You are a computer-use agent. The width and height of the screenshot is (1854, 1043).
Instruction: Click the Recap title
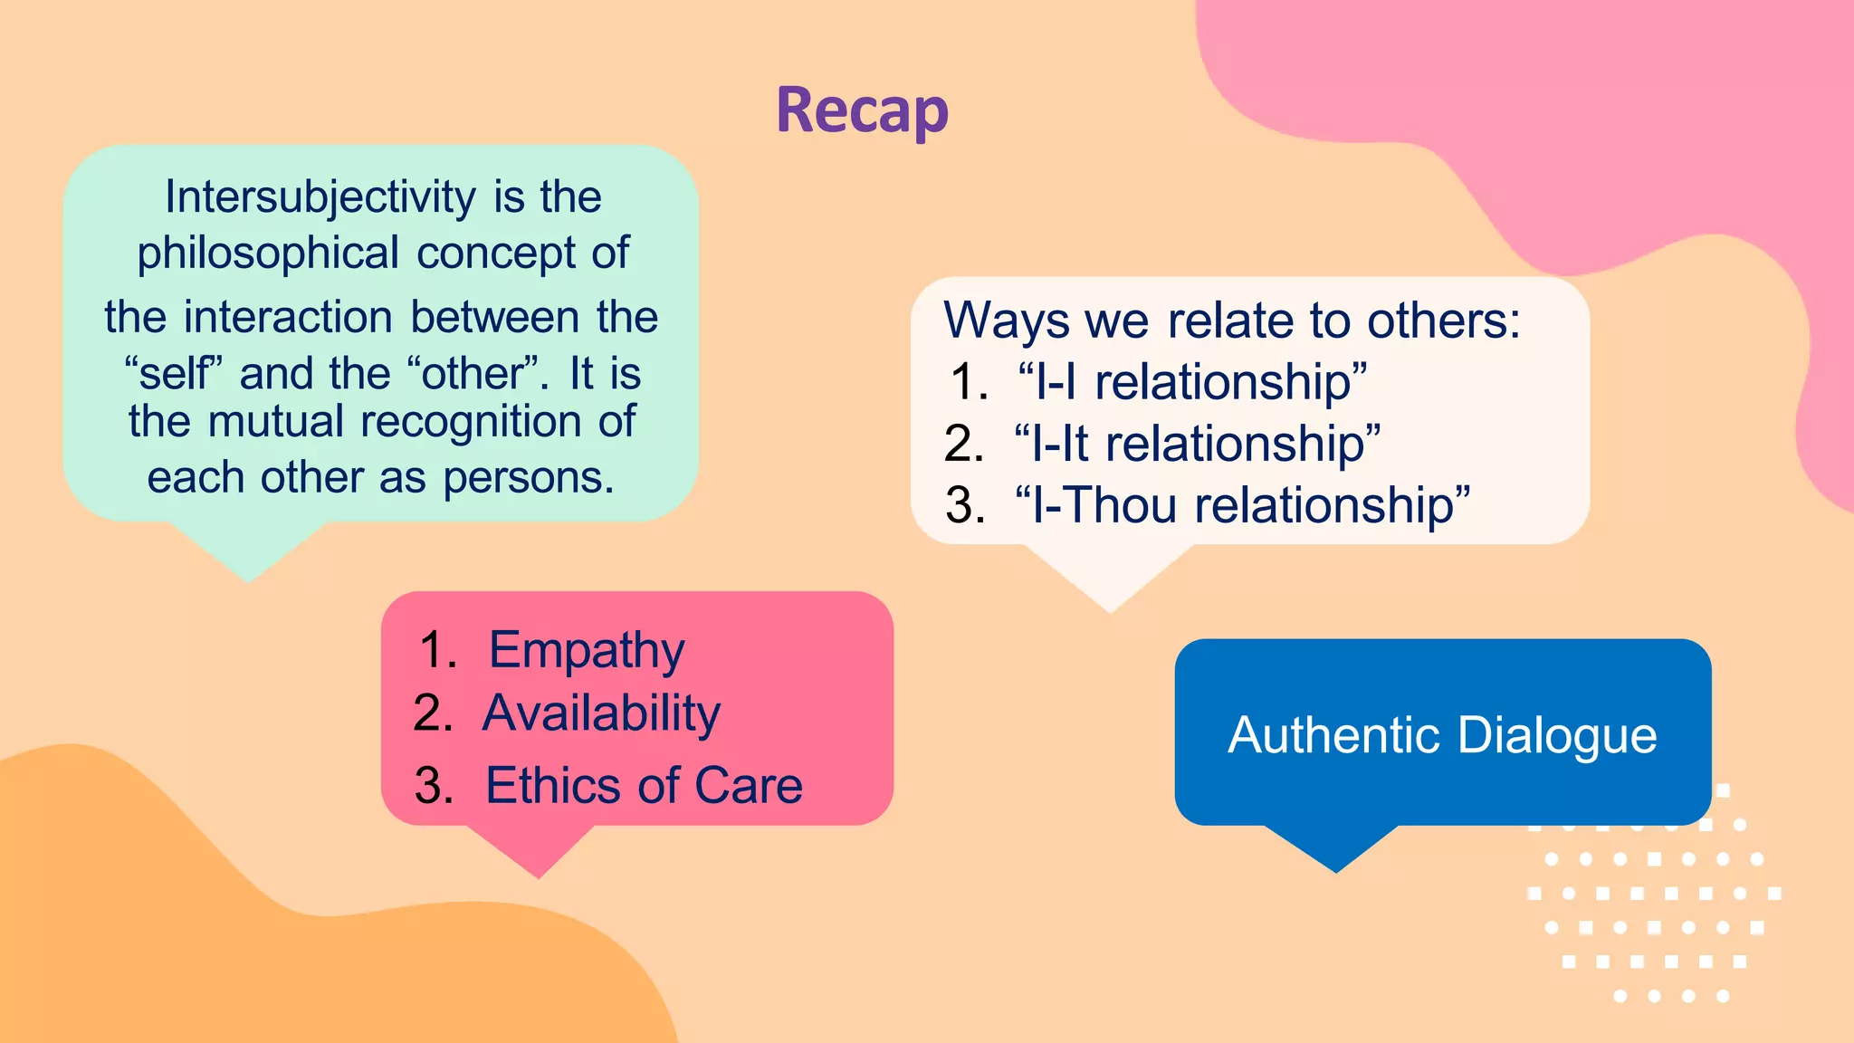(862, 111)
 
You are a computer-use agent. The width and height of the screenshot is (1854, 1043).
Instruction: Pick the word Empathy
(587, 650)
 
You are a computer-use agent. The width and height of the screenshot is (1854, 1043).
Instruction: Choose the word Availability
(601, 713)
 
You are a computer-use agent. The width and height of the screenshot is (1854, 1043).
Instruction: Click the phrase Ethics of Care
(644, 785)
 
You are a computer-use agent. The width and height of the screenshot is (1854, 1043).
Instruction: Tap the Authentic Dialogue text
(1442, 734)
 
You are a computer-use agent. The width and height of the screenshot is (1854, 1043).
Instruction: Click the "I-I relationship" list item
(1191, 382)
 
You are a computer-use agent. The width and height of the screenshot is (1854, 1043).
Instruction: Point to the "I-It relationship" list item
(1197, 444)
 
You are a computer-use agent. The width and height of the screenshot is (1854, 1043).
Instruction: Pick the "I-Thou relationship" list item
(1242, 505)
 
